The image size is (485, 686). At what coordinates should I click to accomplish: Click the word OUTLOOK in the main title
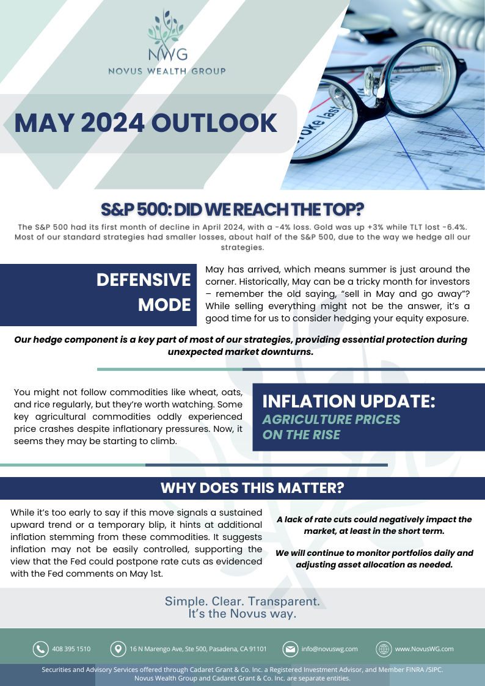click(x=214, y=123)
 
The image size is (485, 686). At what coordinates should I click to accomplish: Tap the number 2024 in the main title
click(x=113, y=123)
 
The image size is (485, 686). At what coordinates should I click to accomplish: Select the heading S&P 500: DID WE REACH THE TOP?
click(x=232, y=210)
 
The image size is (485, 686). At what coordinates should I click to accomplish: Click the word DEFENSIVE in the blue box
click(x=144, y=280)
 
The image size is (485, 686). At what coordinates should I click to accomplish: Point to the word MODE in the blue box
click(x=164, y=305)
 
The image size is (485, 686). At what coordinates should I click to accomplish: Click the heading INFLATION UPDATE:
click(x=349, y=401)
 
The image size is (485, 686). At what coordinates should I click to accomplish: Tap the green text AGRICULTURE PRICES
click(x=331, y=420)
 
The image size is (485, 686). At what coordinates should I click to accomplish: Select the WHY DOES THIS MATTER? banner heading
click(x=252, y=488)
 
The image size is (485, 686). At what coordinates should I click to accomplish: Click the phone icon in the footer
click(x=41, y=649)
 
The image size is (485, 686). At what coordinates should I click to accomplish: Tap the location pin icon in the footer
click(x=118, y=649)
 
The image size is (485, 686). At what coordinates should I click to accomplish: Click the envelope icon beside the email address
click(x=290, y=649)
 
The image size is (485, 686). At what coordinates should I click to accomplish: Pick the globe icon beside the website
click(x=384, y=649)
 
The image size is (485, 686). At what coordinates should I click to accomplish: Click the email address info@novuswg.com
click(x=329, y=649)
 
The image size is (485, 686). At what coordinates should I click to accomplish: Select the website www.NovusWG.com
click(x=424, y=649)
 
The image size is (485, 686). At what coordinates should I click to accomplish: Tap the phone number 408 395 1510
click(x=71, y=649)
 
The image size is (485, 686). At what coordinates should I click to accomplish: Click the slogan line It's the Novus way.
click(x=242, y=614)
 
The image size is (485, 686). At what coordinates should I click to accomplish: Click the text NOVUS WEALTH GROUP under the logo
click(x=167, y=71)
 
